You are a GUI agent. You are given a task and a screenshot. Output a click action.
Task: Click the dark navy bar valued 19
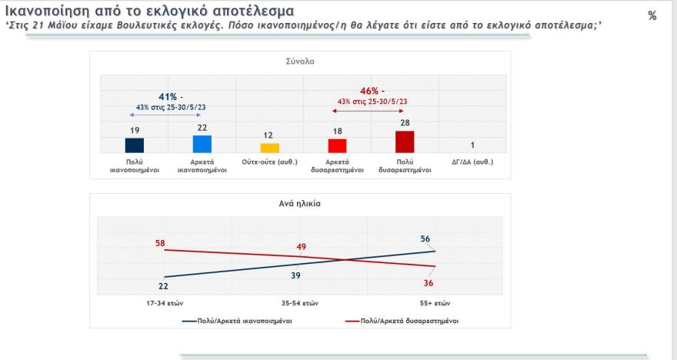135,145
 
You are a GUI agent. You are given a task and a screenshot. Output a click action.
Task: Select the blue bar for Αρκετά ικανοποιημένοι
202,144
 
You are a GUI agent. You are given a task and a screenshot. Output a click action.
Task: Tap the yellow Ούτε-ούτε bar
269,148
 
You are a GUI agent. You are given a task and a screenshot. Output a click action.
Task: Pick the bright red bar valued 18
337,145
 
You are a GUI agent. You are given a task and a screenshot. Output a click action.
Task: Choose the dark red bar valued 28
405,142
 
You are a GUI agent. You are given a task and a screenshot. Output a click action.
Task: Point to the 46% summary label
371,91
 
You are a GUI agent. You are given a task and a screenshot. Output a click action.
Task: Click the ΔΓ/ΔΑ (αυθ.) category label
472,162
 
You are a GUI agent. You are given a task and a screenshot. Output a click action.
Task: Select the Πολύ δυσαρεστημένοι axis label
405,165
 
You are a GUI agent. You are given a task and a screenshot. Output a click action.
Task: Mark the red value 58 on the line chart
160,243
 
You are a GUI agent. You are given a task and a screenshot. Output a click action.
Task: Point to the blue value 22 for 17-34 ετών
163,285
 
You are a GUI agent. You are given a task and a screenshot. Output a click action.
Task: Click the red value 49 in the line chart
302,246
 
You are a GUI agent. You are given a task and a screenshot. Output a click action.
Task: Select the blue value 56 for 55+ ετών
425,238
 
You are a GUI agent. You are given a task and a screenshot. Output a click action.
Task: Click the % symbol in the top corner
652,15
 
